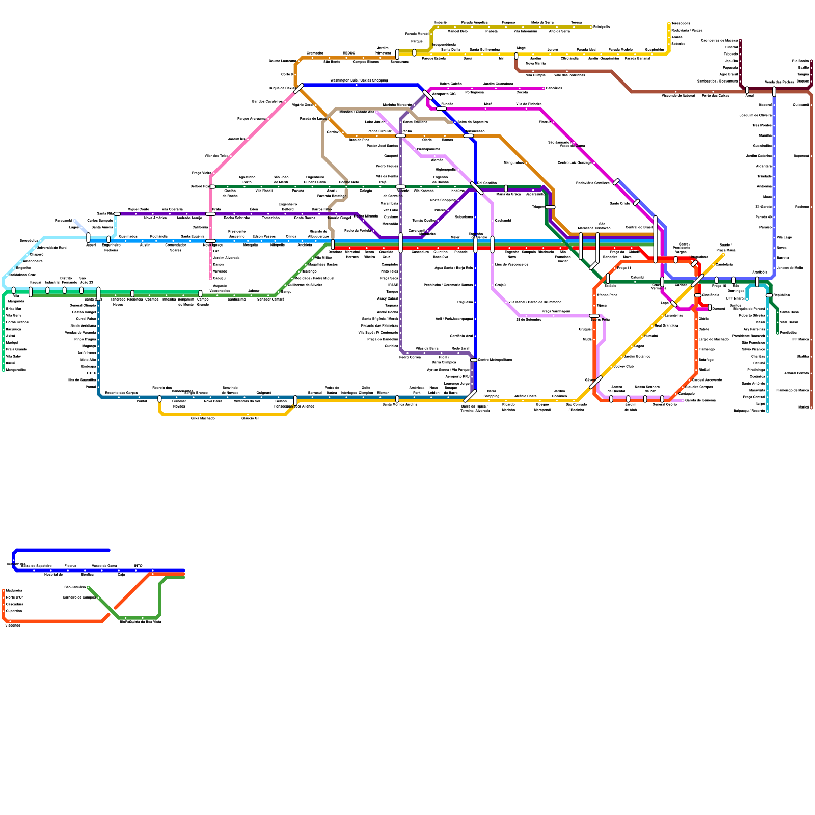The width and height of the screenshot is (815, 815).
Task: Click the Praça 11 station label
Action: click(624, 268)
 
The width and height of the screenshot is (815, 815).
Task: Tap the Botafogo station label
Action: click(706, 360)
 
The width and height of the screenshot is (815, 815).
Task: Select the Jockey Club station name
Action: click(623, 366)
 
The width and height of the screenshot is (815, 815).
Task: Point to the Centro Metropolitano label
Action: click(495, 360)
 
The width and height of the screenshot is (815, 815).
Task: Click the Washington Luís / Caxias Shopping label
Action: click(359, 80)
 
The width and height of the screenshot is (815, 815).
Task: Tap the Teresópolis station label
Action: click(681, 23)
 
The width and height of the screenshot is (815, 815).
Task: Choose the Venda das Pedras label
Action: click(779, 82)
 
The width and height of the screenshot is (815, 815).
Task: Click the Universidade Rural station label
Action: click(51, 248)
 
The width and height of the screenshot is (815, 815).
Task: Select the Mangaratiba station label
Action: click(16, 370)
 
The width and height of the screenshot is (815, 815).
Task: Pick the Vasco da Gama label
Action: click(104, 566)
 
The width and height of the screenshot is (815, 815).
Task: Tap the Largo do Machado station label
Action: click(714, 339)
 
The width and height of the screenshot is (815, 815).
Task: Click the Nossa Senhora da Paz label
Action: click(647, 389)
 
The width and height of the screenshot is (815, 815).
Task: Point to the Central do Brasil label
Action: click(639, 227)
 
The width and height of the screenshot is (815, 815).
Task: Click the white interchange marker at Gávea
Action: click(596, 382)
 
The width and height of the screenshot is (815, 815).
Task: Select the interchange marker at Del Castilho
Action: click(476, 188)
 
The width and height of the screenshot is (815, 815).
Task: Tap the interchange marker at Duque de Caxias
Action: click(299, 88)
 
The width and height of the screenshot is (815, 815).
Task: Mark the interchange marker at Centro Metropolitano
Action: click(473, 360)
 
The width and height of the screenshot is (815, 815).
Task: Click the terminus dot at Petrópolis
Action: click(591, 27)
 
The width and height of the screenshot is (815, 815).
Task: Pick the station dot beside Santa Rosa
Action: click(777, 312)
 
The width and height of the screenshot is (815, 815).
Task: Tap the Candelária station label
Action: click(724, 264)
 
